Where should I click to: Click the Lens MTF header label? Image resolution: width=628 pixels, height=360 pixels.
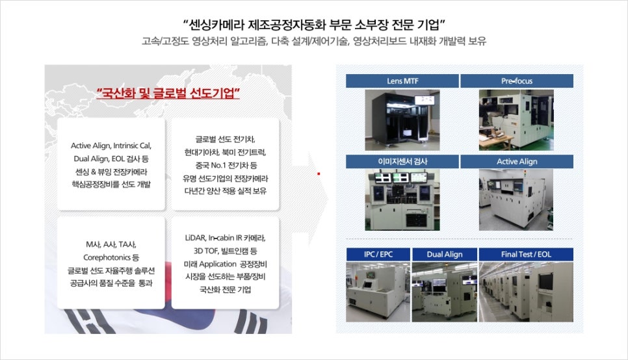[402, 81]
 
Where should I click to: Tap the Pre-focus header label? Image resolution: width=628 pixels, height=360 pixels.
[517, 81]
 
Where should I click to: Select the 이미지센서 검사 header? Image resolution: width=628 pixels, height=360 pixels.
[402, 161]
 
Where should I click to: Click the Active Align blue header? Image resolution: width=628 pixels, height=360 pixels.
[517, 161]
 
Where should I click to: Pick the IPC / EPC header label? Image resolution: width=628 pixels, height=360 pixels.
[378, 254]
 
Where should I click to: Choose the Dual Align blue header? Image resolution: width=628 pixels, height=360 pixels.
[445, 254]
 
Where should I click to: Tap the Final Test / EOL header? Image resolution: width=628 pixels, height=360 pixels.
[526, 254]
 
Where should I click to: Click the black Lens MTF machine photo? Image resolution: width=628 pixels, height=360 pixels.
[402, 120]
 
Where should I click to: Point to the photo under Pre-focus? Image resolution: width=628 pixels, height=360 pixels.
[516, 120]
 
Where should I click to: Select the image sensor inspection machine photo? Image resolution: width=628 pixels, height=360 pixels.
[402, 200]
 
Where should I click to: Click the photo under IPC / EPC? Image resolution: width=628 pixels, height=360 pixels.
[378, 292]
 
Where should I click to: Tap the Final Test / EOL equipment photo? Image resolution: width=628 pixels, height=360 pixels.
[526, 292]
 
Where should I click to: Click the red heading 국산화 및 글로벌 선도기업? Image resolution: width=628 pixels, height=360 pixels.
[168, 94]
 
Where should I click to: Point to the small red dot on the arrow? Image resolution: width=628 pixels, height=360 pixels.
[319, 174]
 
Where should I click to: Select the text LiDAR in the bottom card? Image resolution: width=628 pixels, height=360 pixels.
[195, 238]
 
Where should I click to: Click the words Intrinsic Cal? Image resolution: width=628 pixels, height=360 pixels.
[132, 146]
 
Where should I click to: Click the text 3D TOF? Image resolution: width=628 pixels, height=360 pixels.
[205, 251]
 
